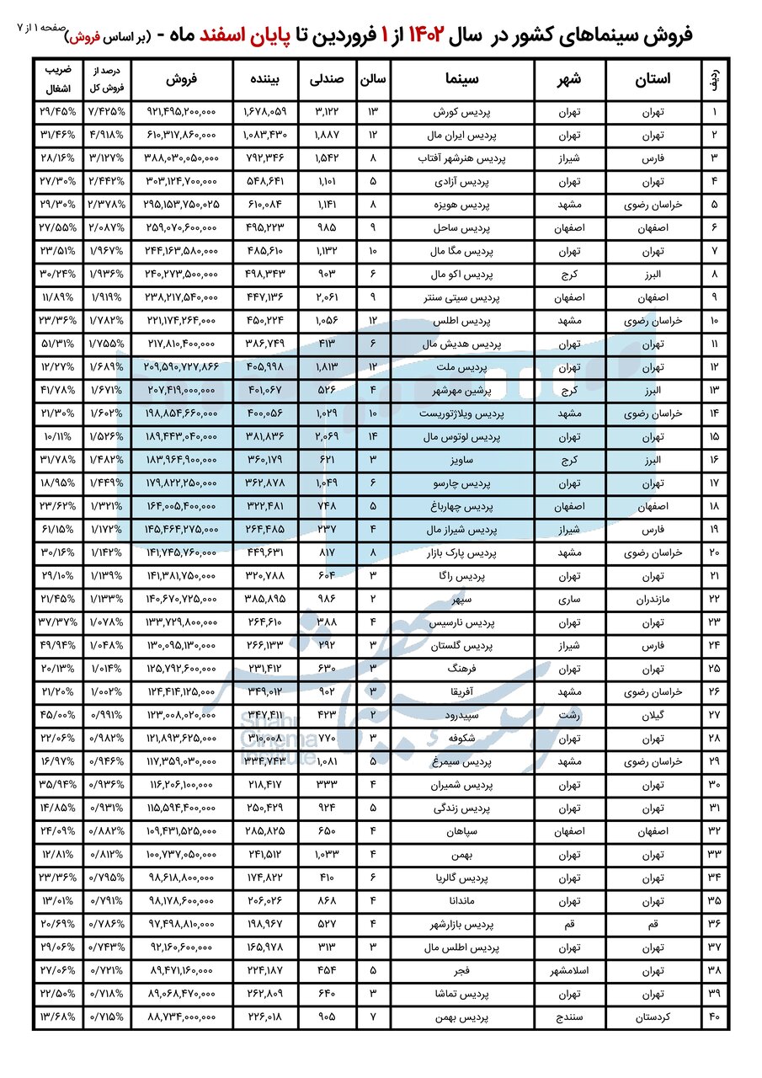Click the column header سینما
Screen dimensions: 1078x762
click(x=461, y=79)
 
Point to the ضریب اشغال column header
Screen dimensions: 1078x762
click(x=57, y=79)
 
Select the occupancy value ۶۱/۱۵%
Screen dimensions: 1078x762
click(x=57, y=530)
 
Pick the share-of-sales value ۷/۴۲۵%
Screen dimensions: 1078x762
click(x=107, y=112)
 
